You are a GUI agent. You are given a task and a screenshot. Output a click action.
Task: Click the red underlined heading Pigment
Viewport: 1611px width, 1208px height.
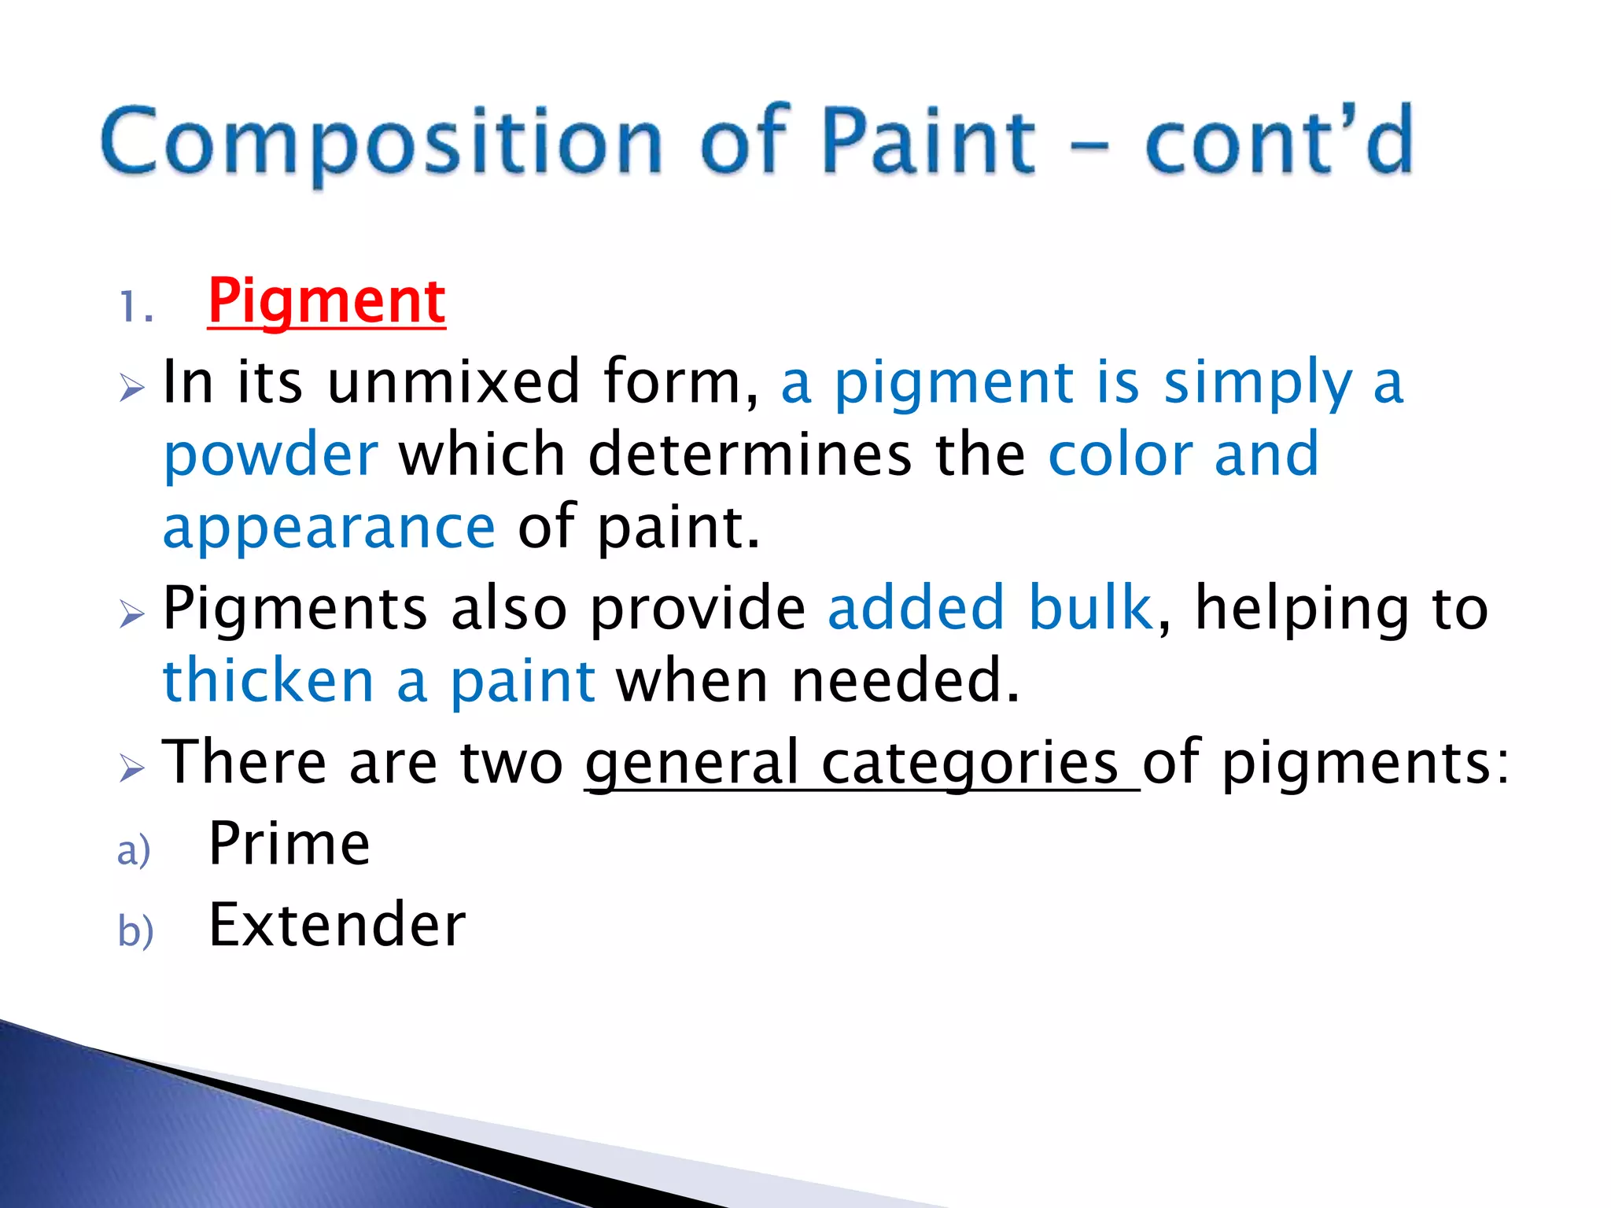click(x=326, y=302)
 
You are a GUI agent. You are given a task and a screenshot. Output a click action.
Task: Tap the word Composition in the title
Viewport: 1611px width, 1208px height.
click(x=382, y=142)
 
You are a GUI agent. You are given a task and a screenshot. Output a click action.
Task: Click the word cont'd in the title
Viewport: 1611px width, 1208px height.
click(x=1278, y=142)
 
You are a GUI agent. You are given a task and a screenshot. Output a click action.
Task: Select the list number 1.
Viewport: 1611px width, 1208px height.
click(x=135, y=308)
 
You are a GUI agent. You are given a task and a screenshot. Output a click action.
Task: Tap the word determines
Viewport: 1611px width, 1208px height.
click(x=749, y=455)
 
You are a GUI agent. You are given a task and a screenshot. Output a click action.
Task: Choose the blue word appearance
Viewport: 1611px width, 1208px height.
click(x=329, y=528)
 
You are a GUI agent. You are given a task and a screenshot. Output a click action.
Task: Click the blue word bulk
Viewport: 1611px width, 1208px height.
click(x=1090, y=608)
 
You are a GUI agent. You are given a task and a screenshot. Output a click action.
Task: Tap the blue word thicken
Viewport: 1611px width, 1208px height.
click(x=268, y=681)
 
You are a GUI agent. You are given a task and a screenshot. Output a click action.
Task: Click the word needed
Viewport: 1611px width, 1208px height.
click(x=905, y=681)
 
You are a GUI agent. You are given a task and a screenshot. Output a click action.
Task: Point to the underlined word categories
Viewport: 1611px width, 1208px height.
click(x=969, y=764)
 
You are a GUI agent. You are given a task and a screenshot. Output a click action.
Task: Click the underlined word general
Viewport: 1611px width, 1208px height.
click(x=691, y=764)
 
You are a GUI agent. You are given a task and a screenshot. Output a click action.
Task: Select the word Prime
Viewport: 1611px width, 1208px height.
click(x=289, y=844)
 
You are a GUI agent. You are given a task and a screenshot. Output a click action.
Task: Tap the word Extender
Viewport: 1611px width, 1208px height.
click(x=337, y=925)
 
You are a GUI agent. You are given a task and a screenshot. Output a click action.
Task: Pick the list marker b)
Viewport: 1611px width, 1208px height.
click(x=135, y=932)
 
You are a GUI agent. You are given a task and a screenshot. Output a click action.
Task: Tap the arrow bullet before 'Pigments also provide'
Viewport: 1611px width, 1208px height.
click(x=132, y=613)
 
